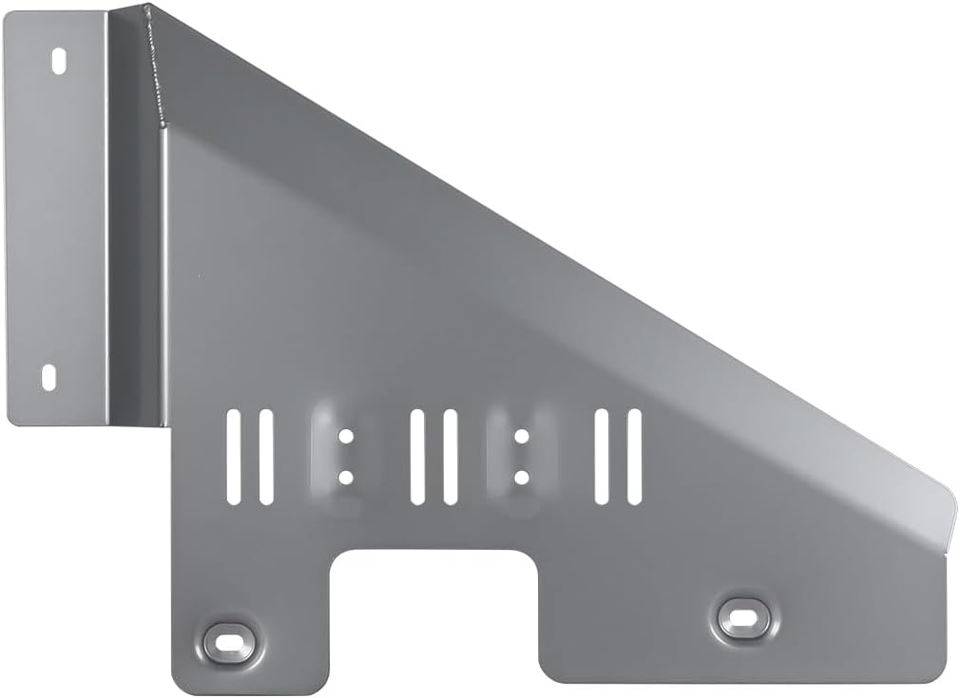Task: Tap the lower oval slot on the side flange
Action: [48, 377]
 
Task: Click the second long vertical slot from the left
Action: [266, 457]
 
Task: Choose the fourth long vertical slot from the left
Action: [451, 457]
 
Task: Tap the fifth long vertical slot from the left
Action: [601, 457]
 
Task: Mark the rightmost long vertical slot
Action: [634, 457]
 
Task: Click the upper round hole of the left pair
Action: [346, 437]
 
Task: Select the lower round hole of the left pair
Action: [346, 477]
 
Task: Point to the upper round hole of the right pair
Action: [521, 437]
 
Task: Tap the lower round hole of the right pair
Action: [521, 477]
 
